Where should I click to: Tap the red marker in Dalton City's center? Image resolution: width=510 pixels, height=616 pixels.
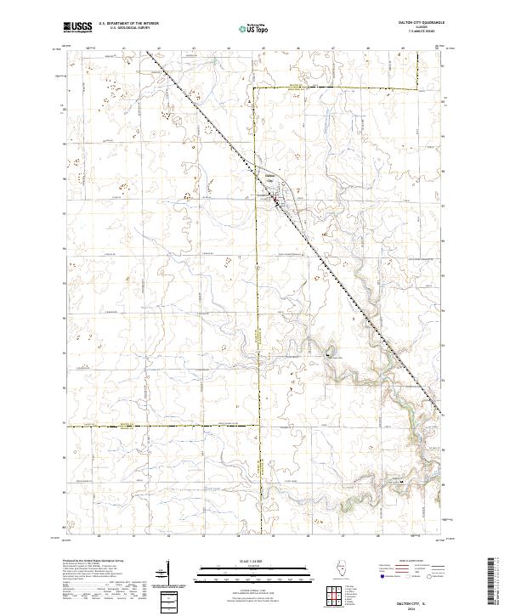[x=275, y=201]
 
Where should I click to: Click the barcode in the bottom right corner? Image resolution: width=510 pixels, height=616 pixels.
[x=490, y=585]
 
